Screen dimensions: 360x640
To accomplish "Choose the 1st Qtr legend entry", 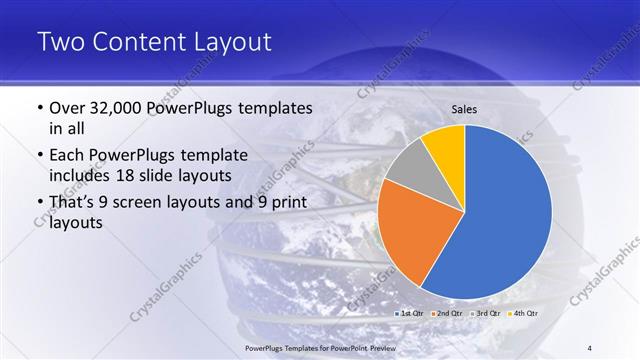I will pos(410,315).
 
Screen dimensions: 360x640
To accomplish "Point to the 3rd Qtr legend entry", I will pos(484,315).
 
